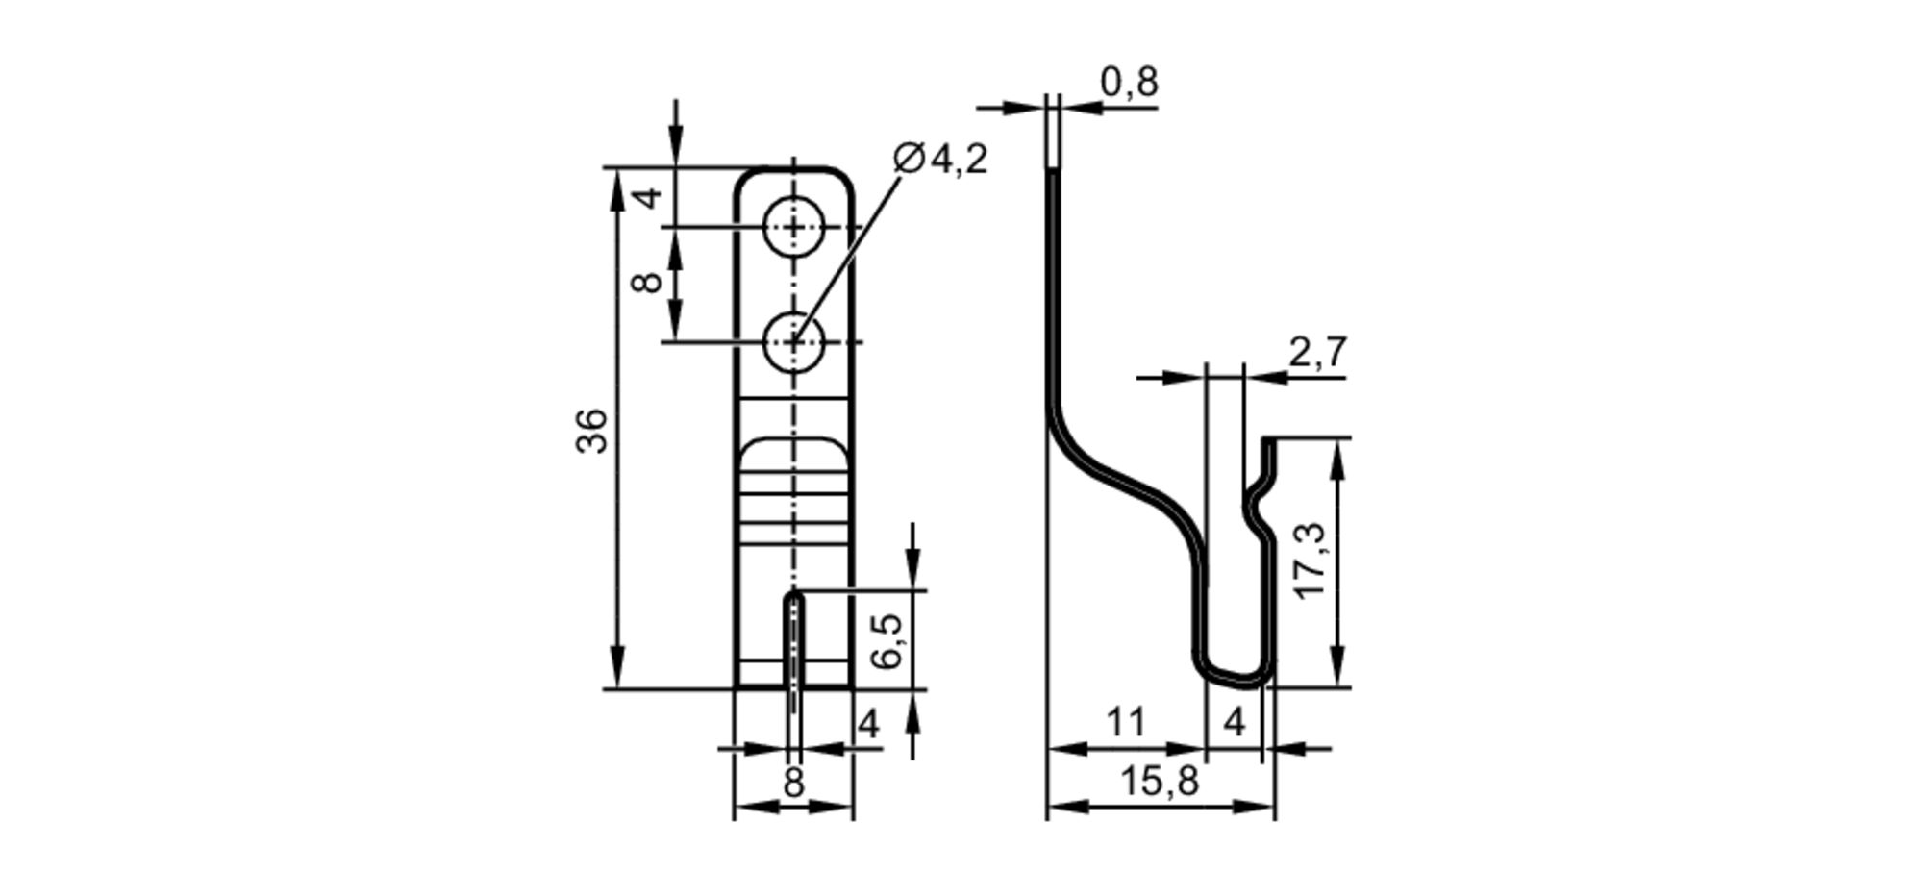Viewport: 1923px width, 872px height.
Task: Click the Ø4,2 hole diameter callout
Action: (939, 159)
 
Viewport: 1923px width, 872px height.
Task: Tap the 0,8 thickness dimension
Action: (1129, 83)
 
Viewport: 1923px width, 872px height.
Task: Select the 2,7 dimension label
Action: (1318, 353)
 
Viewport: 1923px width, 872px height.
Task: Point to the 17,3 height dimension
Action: (1311, 562)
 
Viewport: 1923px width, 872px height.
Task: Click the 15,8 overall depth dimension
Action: (1160, 782)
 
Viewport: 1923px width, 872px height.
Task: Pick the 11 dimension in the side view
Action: (1125, 722)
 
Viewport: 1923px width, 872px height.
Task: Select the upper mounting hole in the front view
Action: (793, 228)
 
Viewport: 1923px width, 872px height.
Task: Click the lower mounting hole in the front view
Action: (793, 342)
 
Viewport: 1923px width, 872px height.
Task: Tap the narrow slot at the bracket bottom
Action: (793, 644)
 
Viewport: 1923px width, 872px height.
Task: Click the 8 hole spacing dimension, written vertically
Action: (648, 282)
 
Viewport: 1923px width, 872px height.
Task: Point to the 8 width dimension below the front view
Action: (793, 784)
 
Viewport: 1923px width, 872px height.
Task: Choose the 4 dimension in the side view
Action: (1235, 722)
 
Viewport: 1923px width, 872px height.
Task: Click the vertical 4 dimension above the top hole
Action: (650, 197)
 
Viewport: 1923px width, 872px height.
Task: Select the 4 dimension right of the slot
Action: (868, 724)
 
